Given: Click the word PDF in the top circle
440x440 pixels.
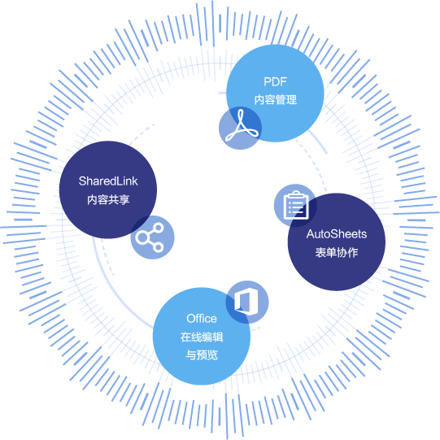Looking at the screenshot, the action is (x=275, y=81).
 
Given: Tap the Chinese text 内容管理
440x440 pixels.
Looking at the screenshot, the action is (x=276, y=99).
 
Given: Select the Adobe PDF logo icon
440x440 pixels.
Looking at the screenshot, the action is (x=242, y=125).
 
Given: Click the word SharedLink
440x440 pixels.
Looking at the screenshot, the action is (x=108, y=181).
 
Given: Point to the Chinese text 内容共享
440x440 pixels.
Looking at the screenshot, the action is (x=108, y=199).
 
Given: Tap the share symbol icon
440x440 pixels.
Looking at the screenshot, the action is (x=150, y=237).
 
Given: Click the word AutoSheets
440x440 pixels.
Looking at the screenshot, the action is (x=337, y=234).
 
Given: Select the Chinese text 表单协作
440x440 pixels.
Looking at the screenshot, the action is (x=337, y=252).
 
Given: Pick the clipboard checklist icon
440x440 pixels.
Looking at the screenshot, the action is (x=296, y=205).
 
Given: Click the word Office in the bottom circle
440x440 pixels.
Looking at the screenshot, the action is (x=202, y=319).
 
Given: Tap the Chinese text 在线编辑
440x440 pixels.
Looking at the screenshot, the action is (x=202, y=337).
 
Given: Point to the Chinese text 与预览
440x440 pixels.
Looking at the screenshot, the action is (x=202, y=355).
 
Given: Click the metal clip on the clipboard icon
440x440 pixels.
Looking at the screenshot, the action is (x=296, y=194).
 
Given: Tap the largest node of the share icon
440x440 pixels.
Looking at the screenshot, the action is (x=142, y=237).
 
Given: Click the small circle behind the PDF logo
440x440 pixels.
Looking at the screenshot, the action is (x=240, y=128).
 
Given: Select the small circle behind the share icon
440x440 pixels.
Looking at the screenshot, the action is (x=152, y=237).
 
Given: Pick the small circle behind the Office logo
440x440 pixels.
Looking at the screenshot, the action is (x=247, y=302).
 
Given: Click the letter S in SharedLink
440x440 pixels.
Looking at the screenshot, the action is (x=82, y=181).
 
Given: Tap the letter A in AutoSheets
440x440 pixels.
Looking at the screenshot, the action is (x=311, y=234).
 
